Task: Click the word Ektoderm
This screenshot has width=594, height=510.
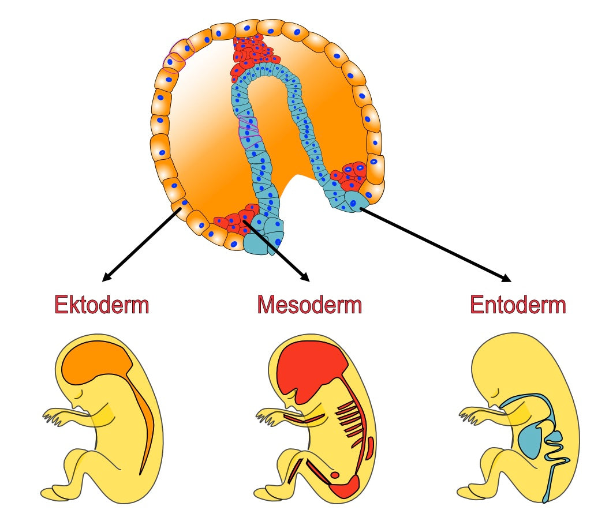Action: click(x=102, y=304)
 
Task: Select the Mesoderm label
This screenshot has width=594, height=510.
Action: click(x=309, y=304)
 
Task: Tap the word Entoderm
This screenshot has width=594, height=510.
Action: click(x=518, y=304)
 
